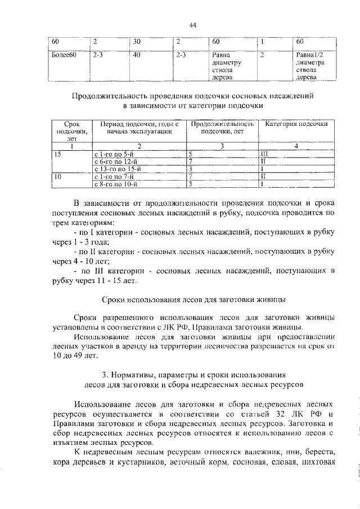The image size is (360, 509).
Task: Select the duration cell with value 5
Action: click(x=191, y=154)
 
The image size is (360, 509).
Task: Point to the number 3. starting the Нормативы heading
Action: click(x=106, y=375)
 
